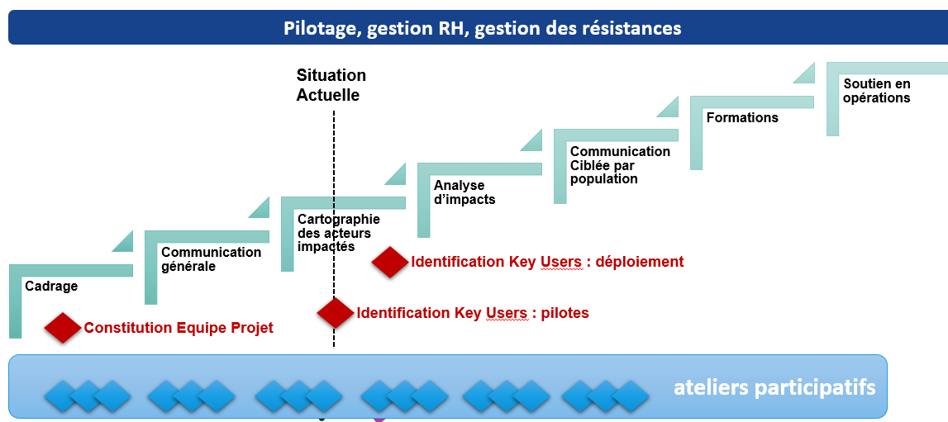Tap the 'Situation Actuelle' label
[x=331, y=85]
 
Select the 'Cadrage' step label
[x=51, y=287]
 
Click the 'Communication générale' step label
[x=211, y=259]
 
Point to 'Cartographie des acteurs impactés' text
[x=338, y=233]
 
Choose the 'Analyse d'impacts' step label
[x=464, y=192]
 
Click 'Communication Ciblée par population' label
[x=620, y=165]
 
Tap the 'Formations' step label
[x=742, y=118]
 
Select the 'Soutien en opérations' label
[x=876, y=91]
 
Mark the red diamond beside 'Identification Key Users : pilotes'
[x=335, y=313]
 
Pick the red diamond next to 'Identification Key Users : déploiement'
[x=389, y=262]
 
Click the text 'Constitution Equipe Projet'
[x=179, y=328]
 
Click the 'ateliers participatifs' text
[x=774, y=387]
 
